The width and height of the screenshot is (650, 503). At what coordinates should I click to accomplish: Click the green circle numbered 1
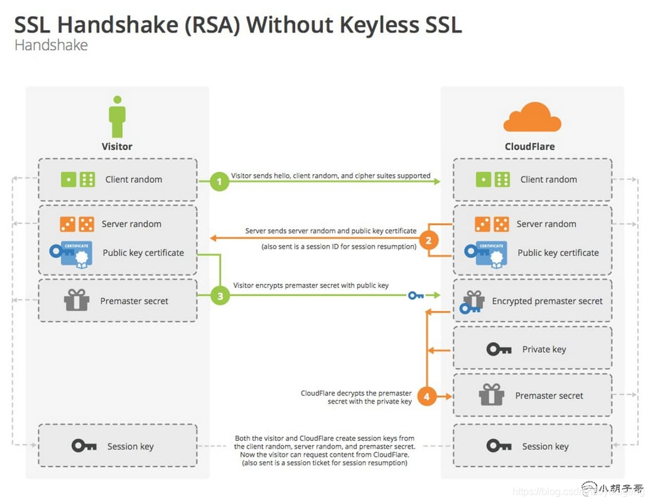(219, 181)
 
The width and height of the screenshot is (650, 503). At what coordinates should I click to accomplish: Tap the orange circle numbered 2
(428, 240)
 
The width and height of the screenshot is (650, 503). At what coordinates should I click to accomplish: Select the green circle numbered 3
(220, 296)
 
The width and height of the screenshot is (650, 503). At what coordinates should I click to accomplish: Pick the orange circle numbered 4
(427, 396)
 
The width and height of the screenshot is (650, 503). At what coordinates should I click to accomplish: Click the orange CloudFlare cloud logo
(532, 117)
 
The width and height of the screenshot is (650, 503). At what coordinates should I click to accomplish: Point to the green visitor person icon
(117, 117)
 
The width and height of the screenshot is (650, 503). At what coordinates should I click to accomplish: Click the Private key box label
(544, 349)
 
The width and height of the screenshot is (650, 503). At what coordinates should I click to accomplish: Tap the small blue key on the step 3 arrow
(416, 295)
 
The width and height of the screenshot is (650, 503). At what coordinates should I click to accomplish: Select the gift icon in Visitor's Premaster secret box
(77, 300)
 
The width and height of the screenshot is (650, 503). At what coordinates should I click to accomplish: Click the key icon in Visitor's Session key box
(84, 446)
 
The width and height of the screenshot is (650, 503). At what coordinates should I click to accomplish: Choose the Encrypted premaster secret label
(547, 301)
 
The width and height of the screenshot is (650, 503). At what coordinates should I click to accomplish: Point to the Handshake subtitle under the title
(51, 45)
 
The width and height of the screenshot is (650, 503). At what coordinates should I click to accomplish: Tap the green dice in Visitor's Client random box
(77, 179)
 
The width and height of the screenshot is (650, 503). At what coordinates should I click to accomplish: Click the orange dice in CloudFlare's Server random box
(492, 224)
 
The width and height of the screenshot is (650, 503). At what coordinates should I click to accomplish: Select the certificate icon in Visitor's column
(71, 254)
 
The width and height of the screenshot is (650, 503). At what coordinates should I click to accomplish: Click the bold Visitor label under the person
(117, 147)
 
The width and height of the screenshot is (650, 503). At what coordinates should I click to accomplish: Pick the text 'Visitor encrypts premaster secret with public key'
(311, 285)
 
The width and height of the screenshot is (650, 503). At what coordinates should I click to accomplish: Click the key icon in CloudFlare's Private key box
(499, 349)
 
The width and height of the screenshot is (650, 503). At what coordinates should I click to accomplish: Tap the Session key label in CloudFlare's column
(545, 447)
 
